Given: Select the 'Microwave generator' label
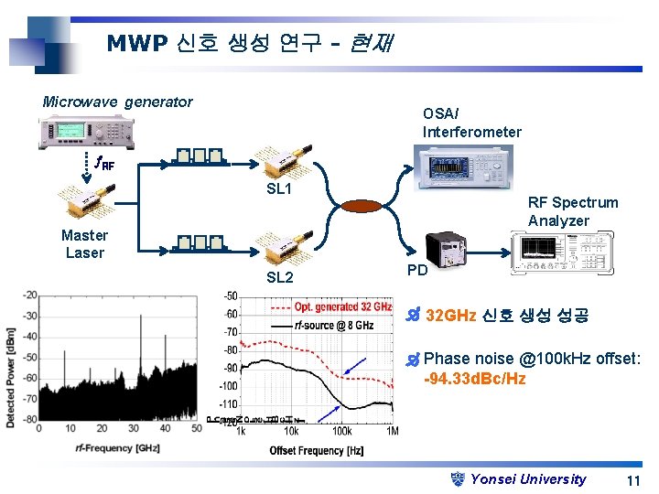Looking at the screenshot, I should (x=117, y=102).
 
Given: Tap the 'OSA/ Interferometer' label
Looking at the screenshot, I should (x=471, y=123).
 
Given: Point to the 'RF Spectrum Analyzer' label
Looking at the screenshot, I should (x=572, y=211).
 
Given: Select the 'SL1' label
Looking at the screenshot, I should (x=278, y=189).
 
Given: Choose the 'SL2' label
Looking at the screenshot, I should (x=279, y=277).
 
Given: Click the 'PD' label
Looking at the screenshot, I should (x=417, y=271).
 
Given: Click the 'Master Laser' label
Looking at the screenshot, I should (x=84, y=243).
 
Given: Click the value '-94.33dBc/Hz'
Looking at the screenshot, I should (x=474, y=379).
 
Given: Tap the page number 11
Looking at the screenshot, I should (x=632, y=480).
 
